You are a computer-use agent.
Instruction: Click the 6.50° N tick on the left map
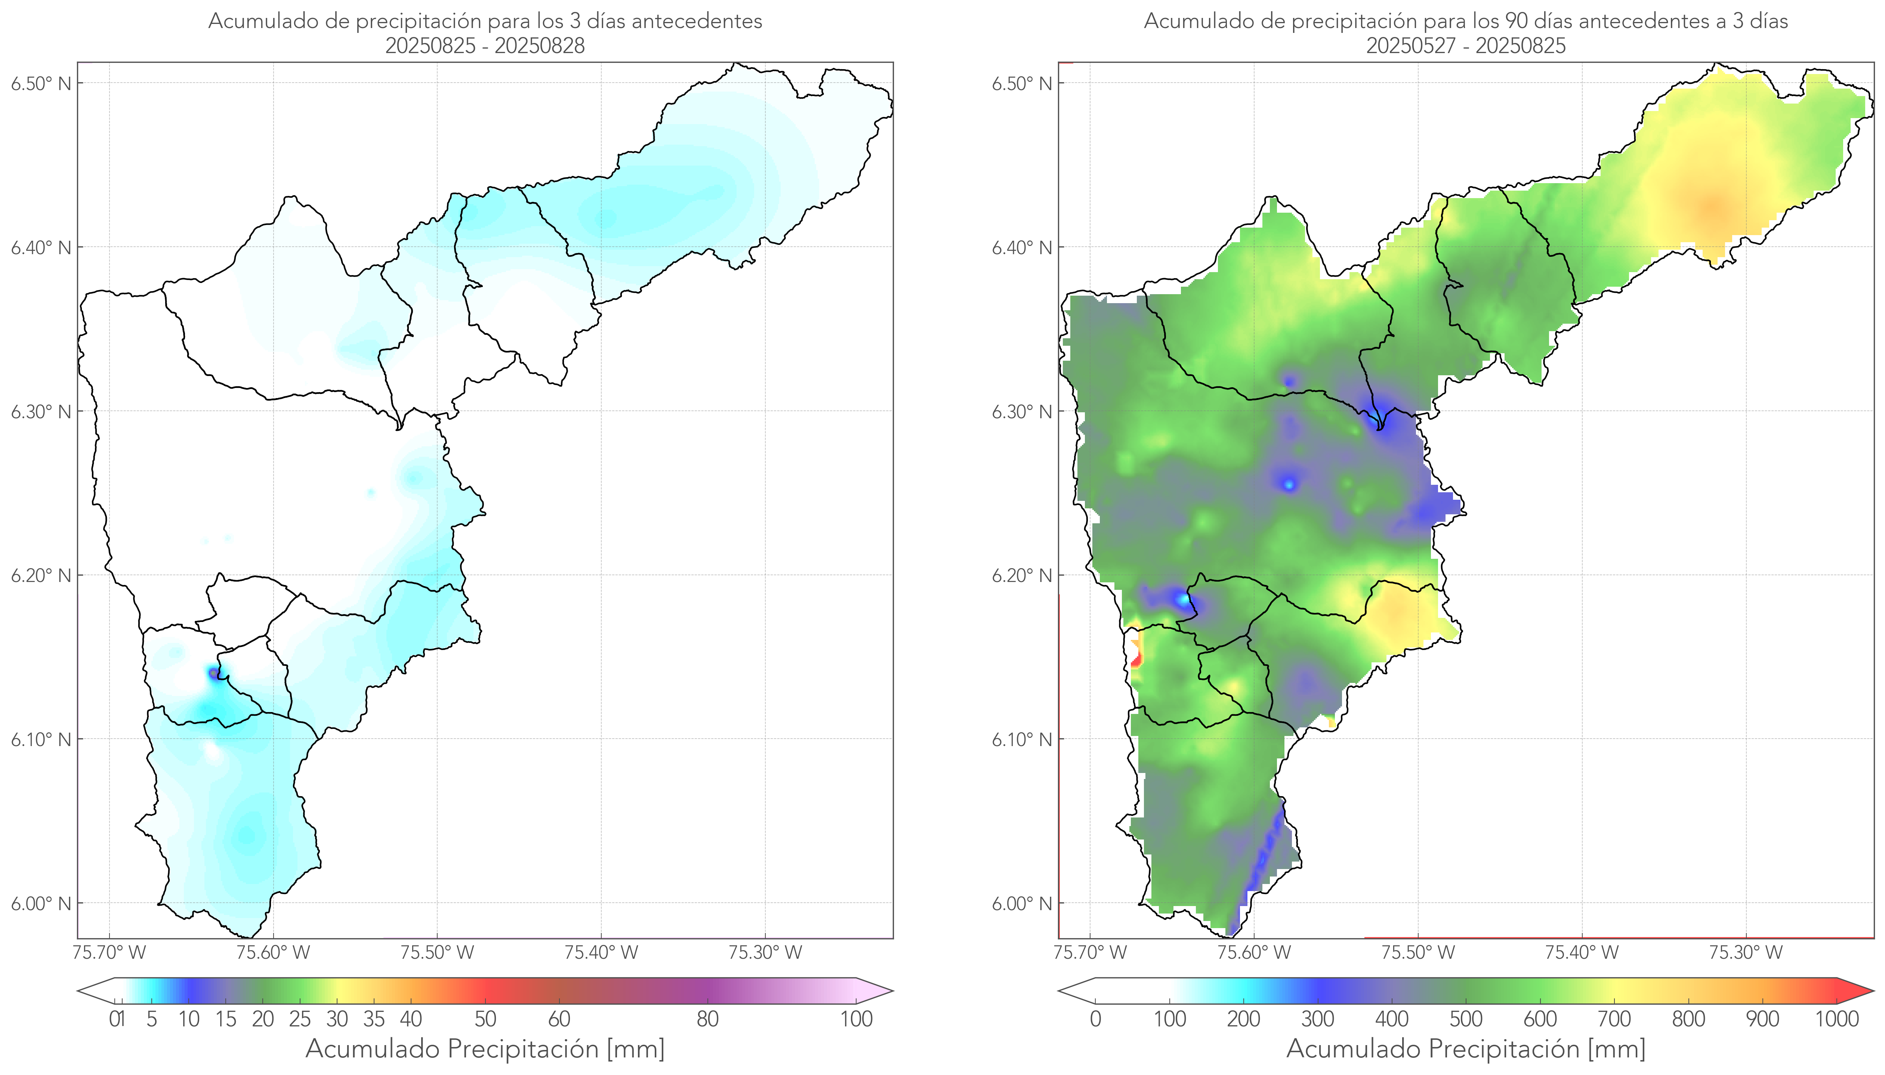click(x=41, y=83)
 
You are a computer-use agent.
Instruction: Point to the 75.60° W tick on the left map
click(x=273, y=952)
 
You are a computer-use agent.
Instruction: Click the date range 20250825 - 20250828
click(x=485, y=46)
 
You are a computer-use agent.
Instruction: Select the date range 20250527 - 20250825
click(x=1466, y=46)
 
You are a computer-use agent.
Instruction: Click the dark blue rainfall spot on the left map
click(x=214, y=673)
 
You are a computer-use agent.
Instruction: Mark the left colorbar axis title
click(x=485, y=1048)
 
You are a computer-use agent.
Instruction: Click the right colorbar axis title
click(x=1466, y=1048)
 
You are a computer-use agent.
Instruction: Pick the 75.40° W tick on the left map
click(x=601, y=952)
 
